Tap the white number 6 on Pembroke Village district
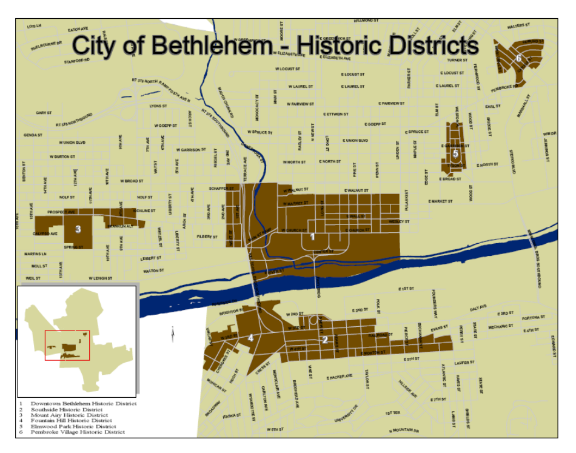pos(519,58)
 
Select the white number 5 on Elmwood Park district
pos(455,153)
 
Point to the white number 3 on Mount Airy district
pos(78,229)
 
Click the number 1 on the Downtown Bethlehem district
pos(312,237)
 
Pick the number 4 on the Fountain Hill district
pos(250,337)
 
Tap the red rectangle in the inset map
pos(67,344)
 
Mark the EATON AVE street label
pos(78,29)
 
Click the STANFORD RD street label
pos(77,60)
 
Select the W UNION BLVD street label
pos(72,143)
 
